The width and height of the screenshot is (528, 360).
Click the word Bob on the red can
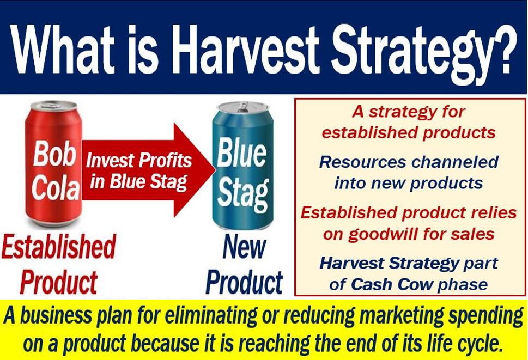click(54, 154)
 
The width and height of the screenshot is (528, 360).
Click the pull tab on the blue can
click(242, 107)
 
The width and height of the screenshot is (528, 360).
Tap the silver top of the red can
click(54, 106)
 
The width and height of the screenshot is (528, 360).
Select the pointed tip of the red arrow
click(215, 170)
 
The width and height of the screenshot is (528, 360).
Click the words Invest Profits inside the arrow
click(139, 160)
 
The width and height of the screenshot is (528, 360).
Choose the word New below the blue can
click(244, 247)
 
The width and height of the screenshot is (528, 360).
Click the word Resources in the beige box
click(362, 162)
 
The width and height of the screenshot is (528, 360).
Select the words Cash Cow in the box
click(391, 285)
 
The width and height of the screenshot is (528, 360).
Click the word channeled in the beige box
click(455, 162)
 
